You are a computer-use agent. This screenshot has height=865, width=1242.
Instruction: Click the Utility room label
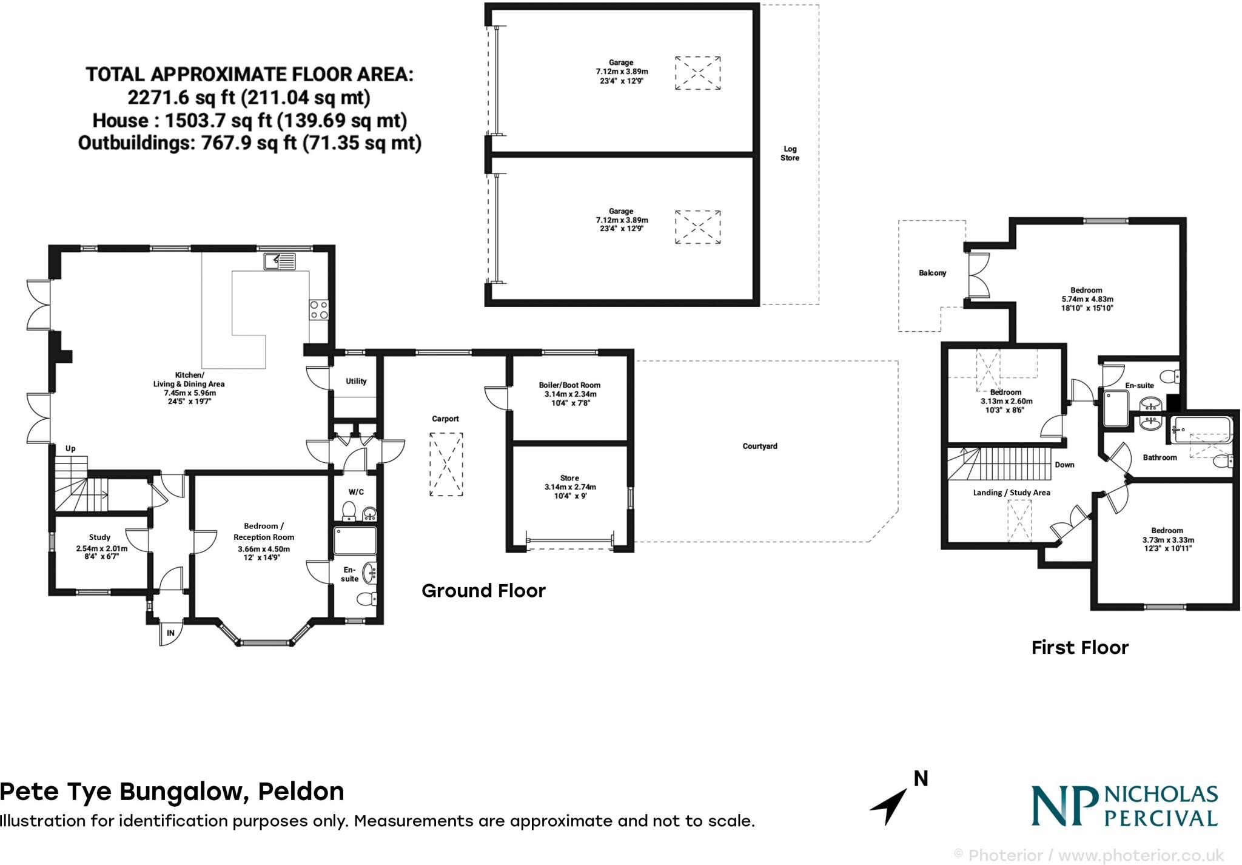[x=356, y=382]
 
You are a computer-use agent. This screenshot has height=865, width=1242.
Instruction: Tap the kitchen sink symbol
[x=280, y=261]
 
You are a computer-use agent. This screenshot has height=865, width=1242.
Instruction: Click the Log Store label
[x=790, y=153]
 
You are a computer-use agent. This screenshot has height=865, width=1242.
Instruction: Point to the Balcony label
[x=932, y=273]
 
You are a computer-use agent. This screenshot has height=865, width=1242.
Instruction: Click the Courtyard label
[x=759, y=446]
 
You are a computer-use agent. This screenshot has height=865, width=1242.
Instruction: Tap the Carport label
[x=445, y=419]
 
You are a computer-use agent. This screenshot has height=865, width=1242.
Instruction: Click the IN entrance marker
[x=170, y=633]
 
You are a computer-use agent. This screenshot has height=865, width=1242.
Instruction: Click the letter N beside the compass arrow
[x=921, y=779]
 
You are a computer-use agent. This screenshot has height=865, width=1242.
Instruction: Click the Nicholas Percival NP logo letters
[x=1064, y=807]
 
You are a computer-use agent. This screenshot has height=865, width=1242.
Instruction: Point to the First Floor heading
[x=1079, y=648]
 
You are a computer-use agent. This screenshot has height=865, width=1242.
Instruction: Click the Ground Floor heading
[x=483, y=591]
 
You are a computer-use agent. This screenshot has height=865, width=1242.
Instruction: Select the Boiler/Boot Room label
[x=569, y=385]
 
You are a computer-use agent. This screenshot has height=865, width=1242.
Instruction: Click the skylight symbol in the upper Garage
[x=698, y=73]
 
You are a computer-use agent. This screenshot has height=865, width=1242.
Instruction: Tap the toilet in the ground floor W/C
[x=349, y=511]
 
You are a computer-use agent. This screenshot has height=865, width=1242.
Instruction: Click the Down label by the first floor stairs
[x=1064, y=465]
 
